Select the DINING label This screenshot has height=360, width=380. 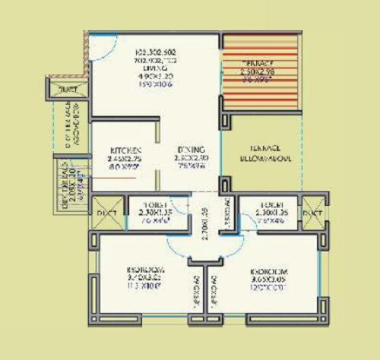[186, 150]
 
